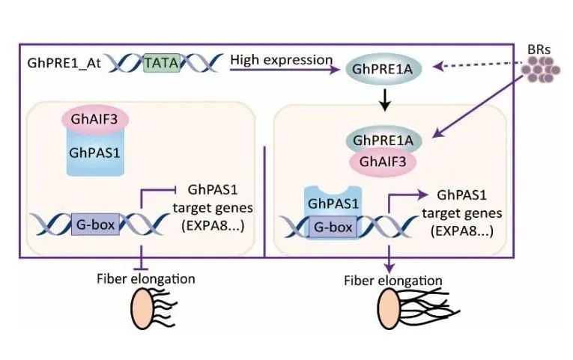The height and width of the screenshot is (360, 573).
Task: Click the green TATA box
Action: tap(160, 64)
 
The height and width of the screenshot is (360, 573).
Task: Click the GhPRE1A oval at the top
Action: tap(383, 72)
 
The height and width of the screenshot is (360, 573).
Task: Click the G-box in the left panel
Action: tap(97, 222)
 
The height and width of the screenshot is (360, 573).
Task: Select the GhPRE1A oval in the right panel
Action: tap(383, 140)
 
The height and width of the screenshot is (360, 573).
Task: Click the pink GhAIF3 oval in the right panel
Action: tap(383, 160)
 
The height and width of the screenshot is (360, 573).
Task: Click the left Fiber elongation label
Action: tap(145, 278)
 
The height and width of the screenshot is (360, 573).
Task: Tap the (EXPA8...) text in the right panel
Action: tap(458, 230)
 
